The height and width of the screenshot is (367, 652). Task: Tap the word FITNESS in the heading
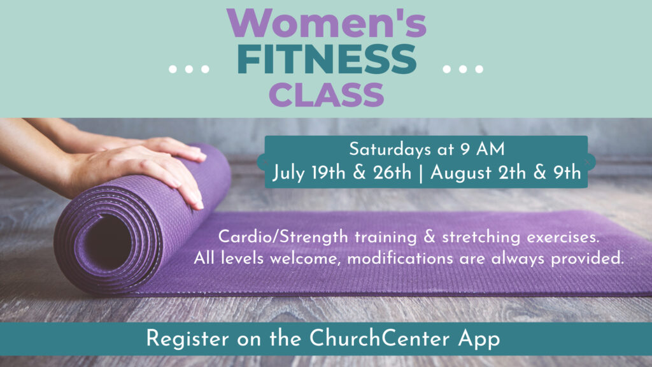[x=327, y=59]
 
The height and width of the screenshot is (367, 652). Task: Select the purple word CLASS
[x=327, y=94]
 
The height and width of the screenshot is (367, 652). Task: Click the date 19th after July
[x=329, y=172]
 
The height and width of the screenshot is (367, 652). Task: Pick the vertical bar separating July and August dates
[x=421, y=173]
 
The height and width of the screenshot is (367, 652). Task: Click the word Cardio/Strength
[x=283, y=237]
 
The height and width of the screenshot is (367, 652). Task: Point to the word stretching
[x=481, y=237]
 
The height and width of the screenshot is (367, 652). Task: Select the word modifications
[x=400, y=259]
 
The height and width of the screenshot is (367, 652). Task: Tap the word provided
[x=588, y=259]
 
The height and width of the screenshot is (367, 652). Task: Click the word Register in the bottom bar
[x=188, y=339]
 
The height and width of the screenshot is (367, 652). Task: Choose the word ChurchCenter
[x=379, y=338]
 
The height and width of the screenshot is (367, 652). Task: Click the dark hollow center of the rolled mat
[x=109, y=243]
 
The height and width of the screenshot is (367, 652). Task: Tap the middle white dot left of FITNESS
[x=188, y=69]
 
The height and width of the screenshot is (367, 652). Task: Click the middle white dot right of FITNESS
[x=463, y=69]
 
